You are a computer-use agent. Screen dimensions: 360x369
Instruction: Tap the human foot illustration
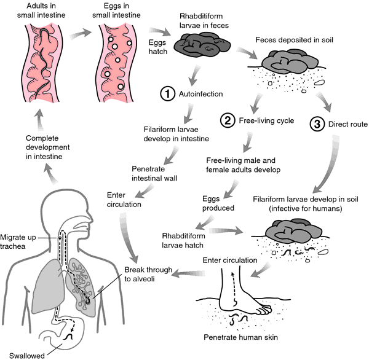(x=240, y=299)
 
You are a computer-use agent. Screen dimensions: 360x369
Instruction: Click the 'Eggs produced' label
(x=219, y=203)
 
